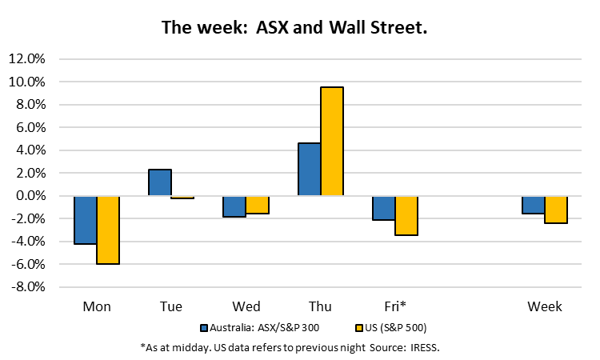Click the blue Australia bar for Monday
pos(86,220)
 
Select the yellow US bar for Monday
pos(108,230)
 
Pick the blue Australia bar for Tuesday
pos(160,182)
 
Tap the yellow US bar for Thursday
pos(331,142)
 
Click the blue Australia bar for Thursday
pos(309,170)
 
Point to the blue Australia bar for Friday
pos(383,208)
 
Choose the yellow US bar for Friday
pos(406,215)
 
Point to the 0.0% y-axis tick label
pos(30,196)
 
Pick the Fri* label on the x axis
pos(394,306)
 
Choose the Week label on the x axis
pos(544,306)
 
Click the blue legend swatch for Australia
pos(204,328)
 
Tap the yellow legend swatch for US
pos(357,328)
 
